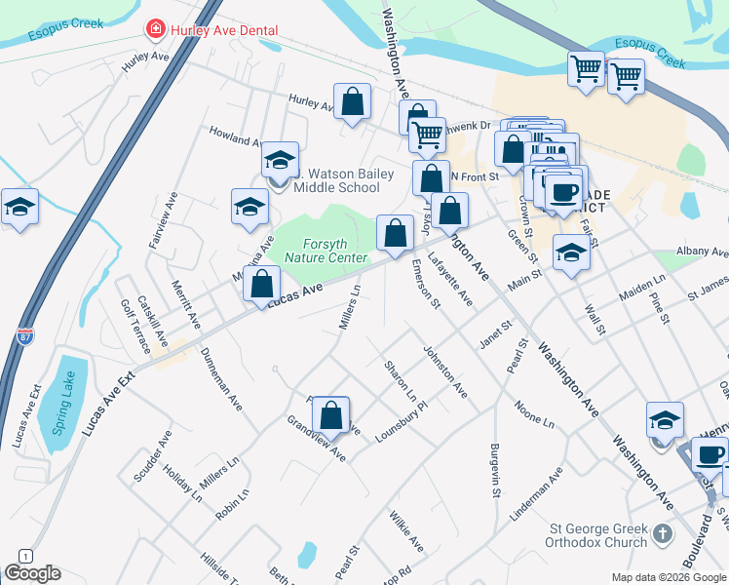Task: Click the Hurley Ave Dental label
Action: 224,31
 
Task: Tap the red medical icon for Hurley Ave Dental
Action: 154,30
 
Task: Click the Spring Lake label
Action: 64,407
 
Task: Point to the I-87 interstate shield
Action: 25,338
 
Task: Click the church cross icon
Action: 663,533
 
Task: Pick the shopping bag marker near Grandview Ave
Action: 331,415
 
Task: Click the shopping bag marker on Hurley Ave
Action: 352,100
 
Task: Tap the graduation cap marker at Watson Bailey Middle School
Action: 280,159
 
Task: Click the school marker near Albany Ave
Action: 571,253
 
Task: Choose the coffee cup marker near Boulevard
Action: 710,455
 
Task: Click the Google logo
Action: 32,573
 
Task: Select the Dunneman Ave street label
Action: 221,380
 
